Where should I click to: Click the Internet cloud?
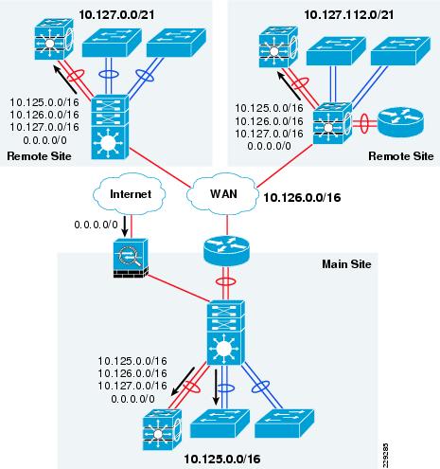click(130, 193)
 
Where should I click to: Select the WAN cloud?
click(222, 194)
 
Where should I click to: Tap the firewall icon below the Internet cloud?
click(131, 259)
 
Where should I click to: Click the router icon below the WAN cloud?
click(226, 250)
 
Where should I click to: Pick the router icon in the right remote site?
click(400, 122)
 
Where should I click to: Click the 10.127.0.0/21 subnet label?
click(116, 14)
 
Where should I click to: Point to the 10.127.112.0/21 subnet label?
click(349, 14)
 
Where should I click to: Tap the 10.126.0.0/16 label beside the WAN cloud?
click(302, 198)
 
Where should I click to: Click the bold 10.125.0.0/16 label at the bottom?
click(222, 459)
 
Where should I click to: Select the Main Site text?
click(346, 264)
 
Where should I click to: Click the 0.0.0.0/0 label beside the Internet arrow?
click(96, 225)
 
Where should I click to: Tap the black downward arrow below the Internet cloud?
click(125, 226)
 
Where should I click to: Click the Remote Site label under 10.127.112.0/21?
click(401, 156)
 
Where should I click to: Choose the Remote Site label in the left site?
click(39, 156)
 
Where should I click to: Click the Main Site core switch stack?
click(225, 333)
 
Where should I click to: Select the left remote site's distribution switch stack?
click(110, 127)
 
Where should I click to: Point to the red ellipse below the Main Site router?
click(225, 281)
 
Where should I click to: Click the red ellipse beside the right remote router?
click(364, 123)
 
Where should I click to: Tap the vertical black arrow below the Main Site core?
click(216, 387)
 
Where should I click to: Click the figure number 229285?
click(386, 456)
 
